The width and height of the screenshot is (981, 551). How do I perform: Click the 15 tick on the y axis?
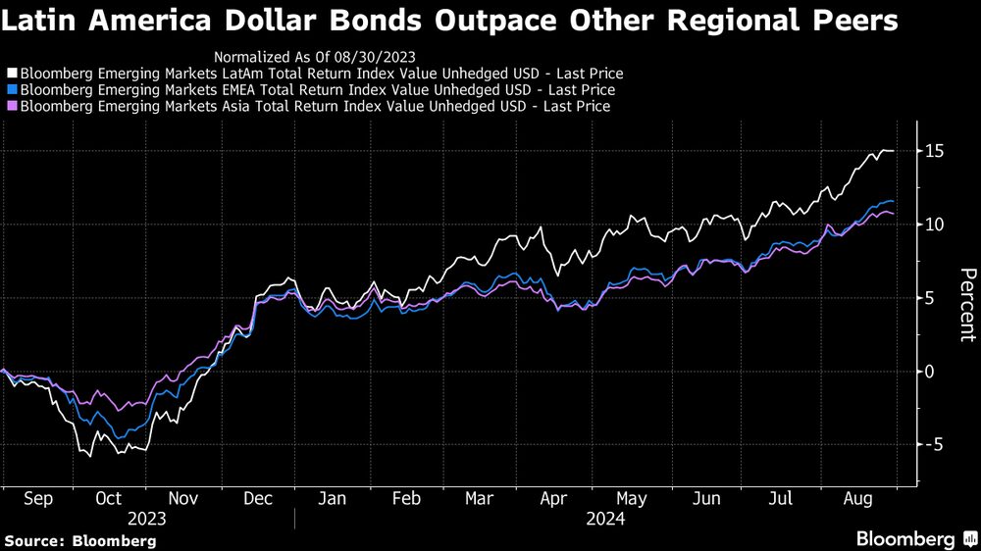pos(933,151)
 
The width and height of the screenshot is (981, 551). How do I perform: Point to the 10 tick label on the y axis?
pos(933,225)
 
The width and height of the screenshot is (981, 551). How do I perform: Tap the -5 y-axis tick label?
pos(932,444)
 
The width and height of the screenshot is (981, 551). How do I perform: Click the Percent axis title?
pos(967,305)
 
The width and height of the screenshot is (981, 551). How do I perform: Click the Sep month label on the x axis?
pos(37,499)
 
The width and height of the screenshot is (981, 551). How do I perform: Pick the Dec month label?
pos(257,499)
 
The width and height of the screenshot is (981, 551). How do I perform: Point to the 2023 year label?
pos(146,519)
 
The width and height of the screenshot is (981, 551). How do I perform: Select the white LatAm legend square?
pos(12,74)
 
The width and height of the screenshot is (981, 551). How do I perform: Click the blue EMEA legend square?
pos(12,90)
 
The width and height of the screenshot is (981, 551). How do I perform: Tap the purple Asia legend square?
pos(12,106)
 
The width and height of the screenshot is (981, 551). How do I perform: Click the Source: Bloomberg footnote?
pos(80,540)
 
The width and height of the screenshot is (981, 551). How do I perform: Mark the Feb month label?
pos(405,499)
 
